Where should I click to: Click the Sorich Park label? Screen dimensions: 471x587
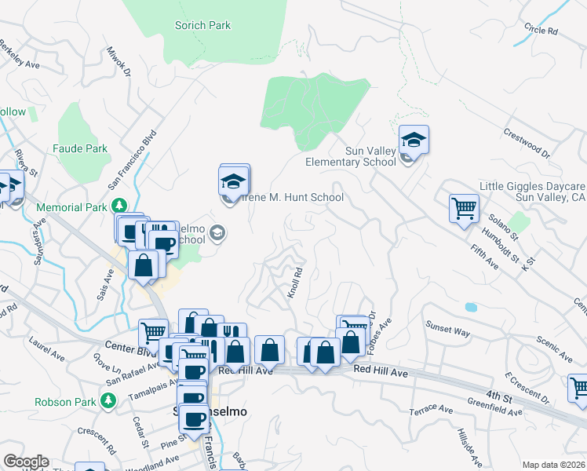[202, 25]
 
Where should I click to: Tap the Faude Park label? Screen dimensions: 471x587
[80, 148]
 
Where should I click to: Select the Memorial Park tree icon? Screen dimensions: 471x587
[119, 206]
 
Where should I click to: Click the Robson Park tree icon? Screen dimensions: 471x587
[108, 401]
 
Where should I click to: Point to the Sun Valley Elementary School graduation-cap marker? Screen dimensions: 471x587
[414, 141]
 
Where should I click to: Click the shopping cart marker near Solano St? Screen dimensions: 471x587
[464, 209]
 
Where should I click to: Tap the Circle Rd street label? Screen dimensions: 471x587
[541, 31]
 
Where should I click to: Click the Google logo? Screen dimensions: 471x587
[25, 462]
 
